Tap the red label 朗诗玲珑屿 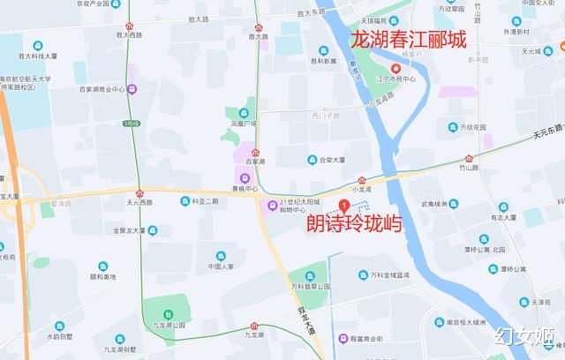point(354,224)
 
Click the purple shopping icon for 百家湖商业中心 point(132,88)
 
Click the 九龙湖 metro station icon point(255,326)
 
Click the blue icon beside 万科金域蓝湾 point(362,275)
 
